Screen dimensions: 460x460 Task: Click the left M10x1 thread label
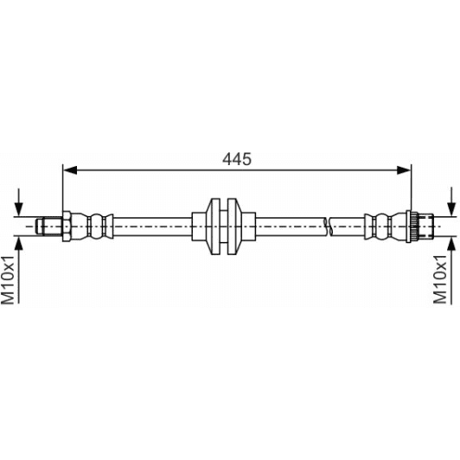click(8, 278)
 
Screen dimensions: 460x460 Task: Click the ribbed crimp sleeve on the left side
click(96, 226)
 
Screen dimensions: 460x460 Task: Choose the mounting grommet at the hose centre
click(224, 226)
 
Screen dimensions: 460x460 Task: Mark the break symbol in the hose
click(327, 226)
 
